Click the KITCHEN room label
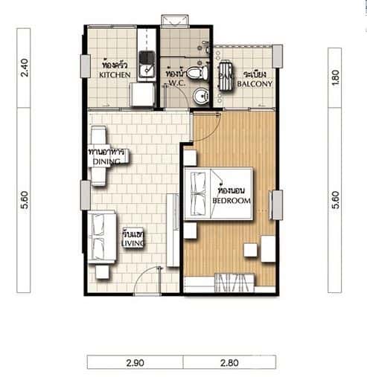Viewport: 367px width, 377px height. click(115, 74)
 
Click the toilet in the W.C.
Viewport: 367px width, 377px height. click(195, 74)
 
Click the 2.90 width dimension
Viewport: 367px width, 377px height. click(135, 362)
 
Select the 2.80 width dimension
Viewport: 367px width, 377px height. click(229, 362)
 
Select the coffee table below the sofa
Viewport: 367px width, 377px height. click(102, 272)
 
